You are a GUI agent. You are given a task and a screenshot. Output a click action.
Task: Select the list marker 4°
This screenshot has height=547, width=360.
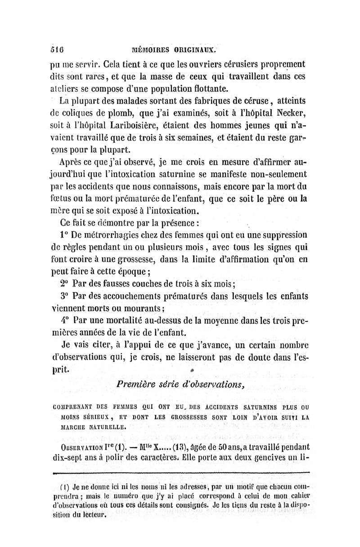click(x=63, y=321)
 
